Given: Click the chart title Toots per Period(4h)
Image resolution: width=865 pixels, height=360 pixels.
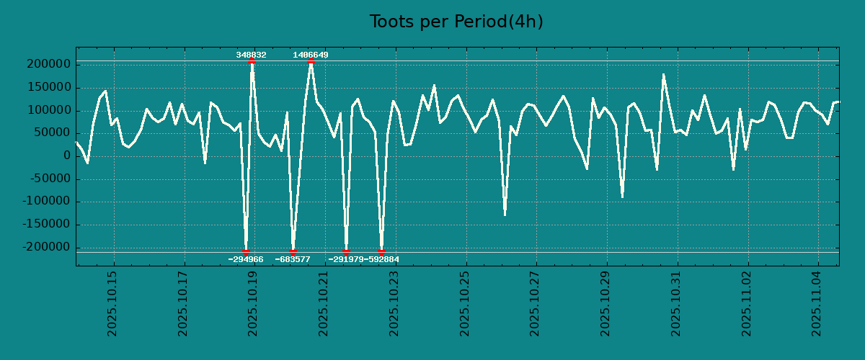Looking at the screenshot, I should (456, 22).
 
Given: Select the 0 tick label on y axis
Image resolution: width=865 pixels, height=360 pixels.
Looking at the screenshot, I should (67, 156).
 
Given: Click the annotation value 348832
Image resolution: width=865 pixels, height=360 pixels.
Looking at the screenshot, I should (251, 55).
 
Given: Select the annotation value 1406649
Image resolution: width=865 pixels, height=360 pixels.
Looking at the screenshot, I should (311, 55).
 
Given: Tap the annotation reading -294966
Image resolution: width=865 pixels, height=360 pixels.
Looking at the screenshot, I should (246, 259).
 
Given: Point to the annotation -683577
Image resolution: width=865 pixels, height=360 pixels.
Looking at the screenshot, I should (293, 259).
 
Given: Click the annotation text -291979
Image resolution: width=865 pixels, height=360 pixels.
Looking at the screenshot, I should (345, 259).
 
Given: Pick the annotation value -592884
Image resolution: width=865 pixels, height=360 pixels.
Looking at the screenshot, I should (382, 259).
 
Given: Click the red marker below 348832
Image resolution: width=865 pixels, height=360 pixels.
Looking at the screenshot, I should (252, 61).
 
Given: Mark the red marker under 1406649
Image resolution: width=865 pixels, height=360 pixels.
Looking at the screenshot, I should (311, 61).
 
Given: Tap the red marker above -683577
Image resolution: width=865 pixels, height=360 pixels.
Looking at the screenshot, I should (293, 252).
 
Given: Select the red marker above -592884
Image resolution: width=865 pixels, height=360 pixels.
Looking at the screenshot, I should (381, 252).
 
